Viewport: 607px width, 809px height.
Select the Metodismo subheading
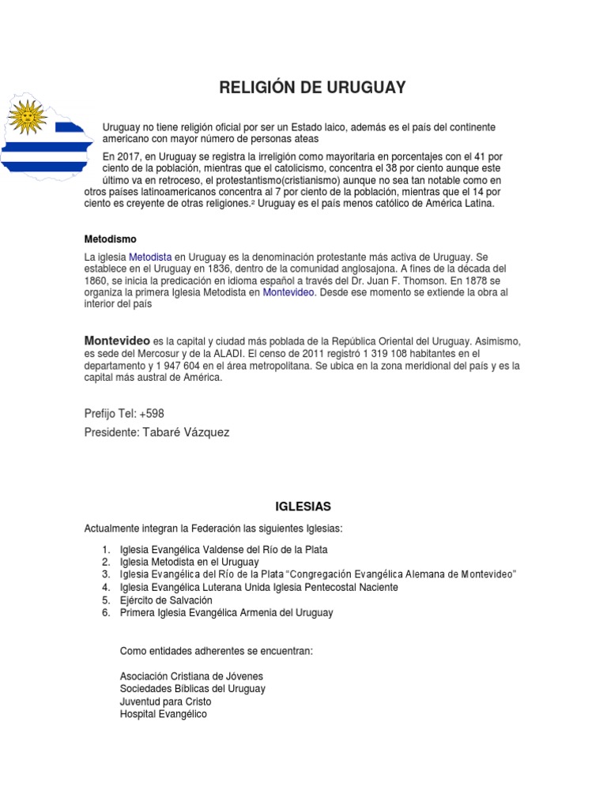pos(111,239)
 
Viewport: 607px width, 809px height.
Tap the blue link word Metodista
pos(150,258)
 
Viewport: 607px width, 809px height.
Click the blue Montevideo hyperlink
pos(289,292)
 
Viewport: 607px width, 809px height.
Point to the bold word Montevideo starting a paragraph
pos(117,340)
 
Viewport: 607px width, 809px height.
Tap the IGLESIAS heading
pos(303,506)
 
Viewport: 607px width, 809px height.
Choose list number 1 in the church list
pos(105,549)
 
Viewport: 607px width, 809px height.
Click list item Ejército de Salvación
pos(166,600)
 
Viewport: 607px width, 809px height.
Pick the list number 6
pos(105,613)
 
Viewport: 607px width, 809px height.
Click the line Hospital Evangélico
pos(163,713)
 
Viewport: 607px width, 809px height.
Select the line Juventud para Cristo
pos(165,702)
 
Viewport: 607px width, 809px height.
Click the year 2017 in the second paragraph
pos(130,156)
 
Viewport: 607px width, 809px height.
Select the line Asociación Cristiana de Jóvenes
pos(191,676)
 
